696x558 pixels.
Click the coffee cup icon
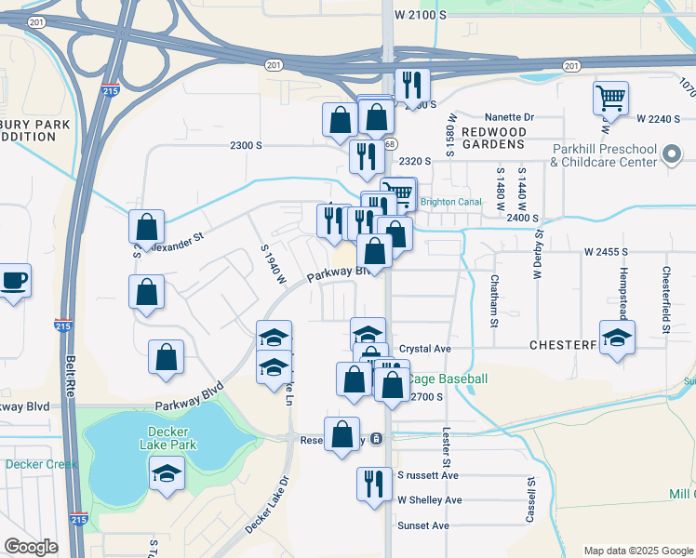(14, 281)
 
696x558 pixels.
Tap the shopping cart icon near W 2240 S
(610, 98)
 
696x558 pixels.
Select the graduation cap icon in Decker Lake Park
(167, 473)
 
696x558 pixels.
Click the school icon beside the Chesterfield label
(617, 338)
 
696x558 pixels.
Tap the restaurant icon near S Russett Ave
(374, 484)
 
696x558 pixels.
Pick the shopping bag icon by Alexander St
(147, 226)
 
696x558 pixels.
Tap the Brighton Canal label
(450, 201)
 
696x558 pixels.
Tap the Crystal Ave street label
(425, 349)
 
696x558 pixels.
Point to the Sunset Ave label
(423, 525)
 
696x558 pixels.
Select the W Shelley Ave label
(429, 499)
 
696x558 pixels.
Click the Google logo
(32, 547)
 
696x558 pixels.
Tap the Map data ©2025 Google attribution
(637, 551)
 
